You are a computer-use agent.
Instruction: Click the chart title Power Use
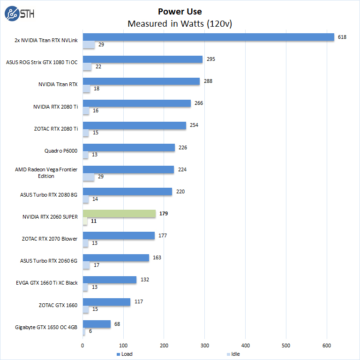[x=180, y=12]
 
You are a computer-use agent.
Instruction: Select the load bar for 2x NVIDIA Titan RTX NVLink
[x=208, y=37]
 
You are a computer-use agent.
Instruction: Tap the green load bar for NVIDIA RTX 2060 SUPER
[x=119, y=213]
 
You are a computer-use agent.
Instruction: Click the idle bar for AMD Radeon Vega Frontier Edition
[x=89, y=177]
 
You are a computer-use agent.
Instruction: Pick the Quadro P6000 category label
[x=60, y=151]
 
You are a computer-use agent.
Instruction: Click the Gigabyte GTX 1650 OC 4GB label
[x=49, y=327]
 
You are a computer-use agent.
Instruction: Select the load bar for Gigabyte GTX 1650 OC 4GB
[x=97, y=324]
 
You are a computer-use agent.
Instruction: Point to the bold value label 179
[x=164, y=213]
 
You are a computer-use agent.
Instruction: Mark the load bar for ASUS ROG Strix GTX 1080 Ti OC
[x=142, y=59]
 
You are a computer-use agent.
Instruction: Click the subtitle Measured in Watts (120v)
[x=180, y=23]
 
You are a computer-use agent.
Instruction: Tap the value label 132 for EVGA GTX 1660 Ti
[x=144, y=279]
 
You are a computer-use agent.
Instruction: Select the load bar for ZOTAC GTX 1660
[x=106, y=302]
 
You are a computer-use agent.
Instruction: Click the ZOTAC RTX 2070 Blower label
[x=50, y=239]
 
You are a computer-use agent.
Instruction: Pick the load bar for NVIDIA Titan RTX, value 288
[x=141, y=81]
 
